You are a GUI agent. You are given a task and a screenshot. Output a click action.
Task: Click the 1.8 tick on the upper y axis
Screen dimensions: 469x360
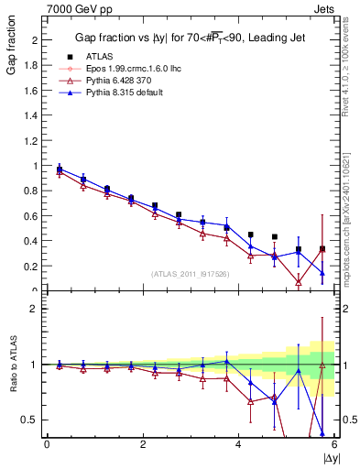click(x=33, y=66)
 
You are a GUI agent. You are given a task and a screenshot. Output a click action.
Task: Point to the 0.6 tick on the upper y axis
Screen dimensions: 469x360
click(x=33, y=216)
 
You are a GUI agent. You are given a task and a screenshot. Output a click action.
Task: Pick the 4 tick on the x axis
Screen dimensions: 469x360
click(x=238, y=444)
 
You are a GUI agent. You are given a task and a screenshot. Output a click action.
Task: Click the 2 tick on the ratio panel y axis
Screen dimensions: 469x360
click(x=35, y=309)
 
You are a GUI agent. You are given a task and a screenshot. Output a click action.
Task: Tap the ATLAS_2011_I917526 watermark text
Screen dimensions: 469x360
click(x=189, y=274)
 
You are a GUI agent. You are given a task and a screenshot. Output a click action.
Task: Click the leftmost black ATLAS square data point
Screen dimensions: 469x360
click(x=60, y=169)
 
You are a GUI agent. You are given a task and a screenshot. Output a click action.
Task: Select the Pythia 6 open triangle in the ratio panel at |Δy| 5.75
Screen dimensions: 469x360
click(x=322, y=365)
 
